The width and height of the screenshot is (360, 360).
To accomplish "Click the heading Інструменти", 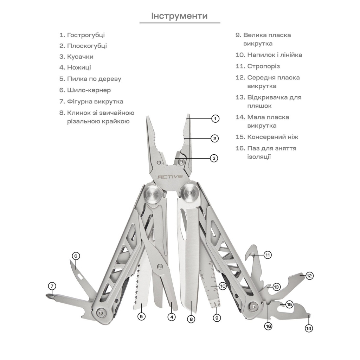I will click(179, 16).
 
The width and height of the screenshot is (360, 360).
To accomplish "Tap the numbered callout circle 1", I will click(216, 118).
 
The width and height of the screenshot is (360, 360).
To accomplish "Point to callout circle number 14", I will click(309, 328).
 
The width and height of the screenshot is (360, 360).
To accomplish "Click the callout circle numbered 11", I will click(268, 255).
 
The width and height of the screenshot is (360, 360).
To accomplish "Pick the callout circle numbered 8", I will click(191, 319).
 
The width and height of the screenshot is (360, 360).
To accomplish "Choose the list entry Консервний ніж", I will click(269, 137).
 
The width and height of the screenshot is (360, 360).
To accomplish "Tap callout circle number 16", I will click(268, 326).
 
